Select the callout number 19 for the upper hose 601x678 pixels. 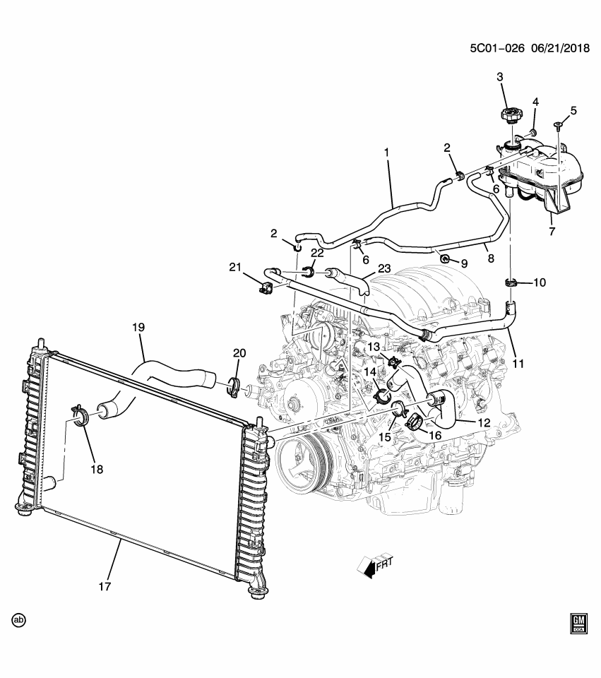[x=138, y=327]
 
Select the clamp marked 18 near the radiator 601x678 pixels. [x=80, y=415]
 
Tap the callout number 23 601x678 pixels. [x=383, y=268]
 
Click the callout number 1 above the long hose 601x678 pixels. [x=386, y=152]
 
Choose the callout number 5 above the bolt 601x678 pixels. [x=573, y=110]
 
